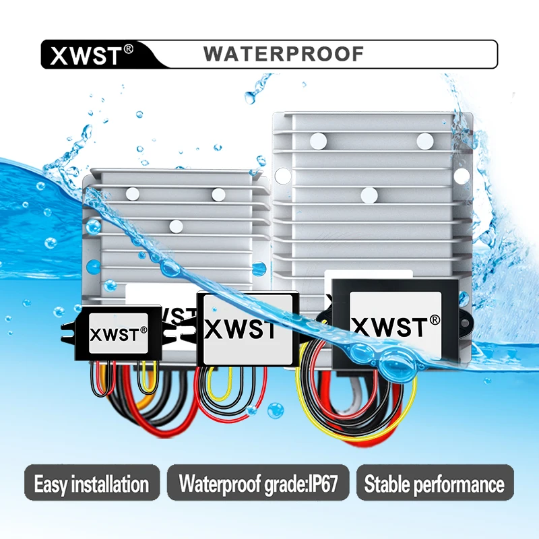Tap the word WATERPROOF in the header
coord(284,54)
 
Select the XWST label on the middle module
coord(240,329)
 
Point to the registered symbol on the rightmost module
coord(435,319)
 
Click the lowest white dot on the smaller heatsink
coord(176,226)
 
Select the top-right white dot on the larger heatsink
coord(424,140)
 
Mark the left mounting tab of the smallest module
coord(67,328)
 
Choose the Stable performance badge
coord(435,483)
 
